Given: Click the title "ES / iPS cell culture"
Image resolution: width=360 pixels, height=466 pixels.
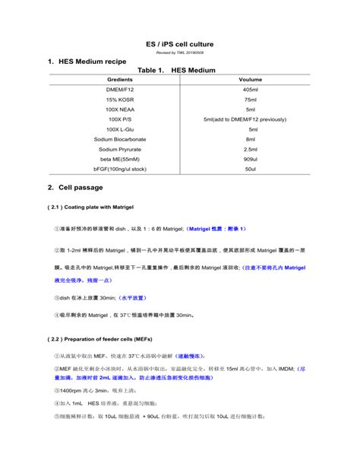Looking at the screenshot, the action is point(179,44).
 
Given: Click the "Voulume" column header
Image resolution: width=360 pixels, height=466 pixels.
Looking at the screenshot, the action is point(251,80).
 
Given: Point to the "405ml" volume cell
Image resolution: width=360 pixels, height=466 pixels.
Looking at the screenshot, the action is point(251,90).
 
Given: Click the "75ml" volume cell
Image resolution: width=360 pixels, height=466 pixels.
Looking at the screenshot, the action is point(251,100).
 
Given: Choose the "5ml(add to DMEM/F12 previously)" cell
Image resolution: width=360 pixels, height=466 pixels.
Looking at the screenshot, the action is point(251,119).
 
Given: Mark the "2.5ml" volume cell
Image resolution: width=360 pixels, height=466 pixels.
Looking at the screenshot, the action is point(251,149).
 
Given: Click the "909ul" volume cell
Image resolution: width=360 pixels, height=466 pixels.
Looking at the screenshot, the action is point(251,159).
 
